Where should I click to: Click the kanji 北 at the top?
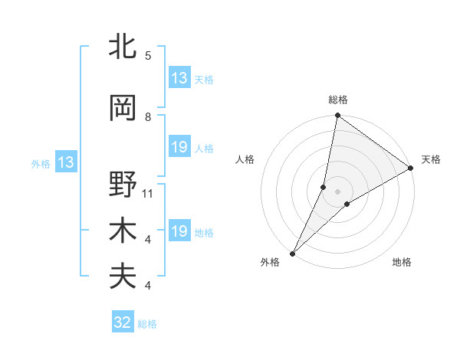point(123,47)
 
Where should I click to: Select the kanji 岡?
point(123,108)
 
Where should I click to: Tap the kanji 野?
point(123,185)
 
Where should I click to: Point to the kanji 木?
point(123,231)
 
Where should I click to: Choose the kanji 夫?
point(123,277)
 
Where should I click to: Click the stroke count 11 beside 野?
point(148,194)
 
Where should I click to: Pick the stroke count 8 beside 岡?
point(148,117)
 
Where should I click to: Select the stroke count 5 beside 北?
point(148,56)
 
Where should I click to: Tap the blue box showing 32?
point(123,322)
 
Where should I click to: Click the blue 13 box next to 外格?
point(64,162)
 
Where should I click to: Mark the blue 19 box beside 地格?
point(179,231)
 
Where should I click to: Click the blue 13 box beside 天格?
point(179,77)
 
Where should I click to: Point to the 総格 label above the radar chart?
point(338,100)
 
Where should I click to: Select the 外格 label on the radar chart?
point(270,262)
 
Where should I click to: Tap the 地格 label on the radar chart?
point(402,262)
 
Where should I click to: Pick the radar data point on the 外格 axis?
point(293,253)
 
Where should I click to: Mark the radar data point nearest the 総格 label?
point(337,116)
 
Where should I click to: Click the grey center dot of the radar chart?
point(337,191)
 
